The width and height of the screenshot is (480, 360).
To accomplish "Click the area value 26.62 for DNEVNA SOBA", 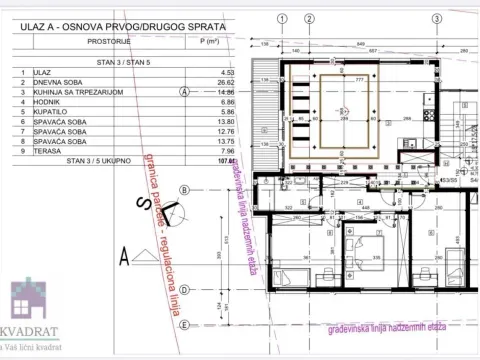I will (209, 81).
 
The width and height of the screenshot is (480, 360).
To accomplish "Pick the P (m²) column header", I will (209, 42).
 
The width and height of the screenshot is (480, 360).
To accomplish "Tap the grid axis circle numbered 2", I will (310, 18).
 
